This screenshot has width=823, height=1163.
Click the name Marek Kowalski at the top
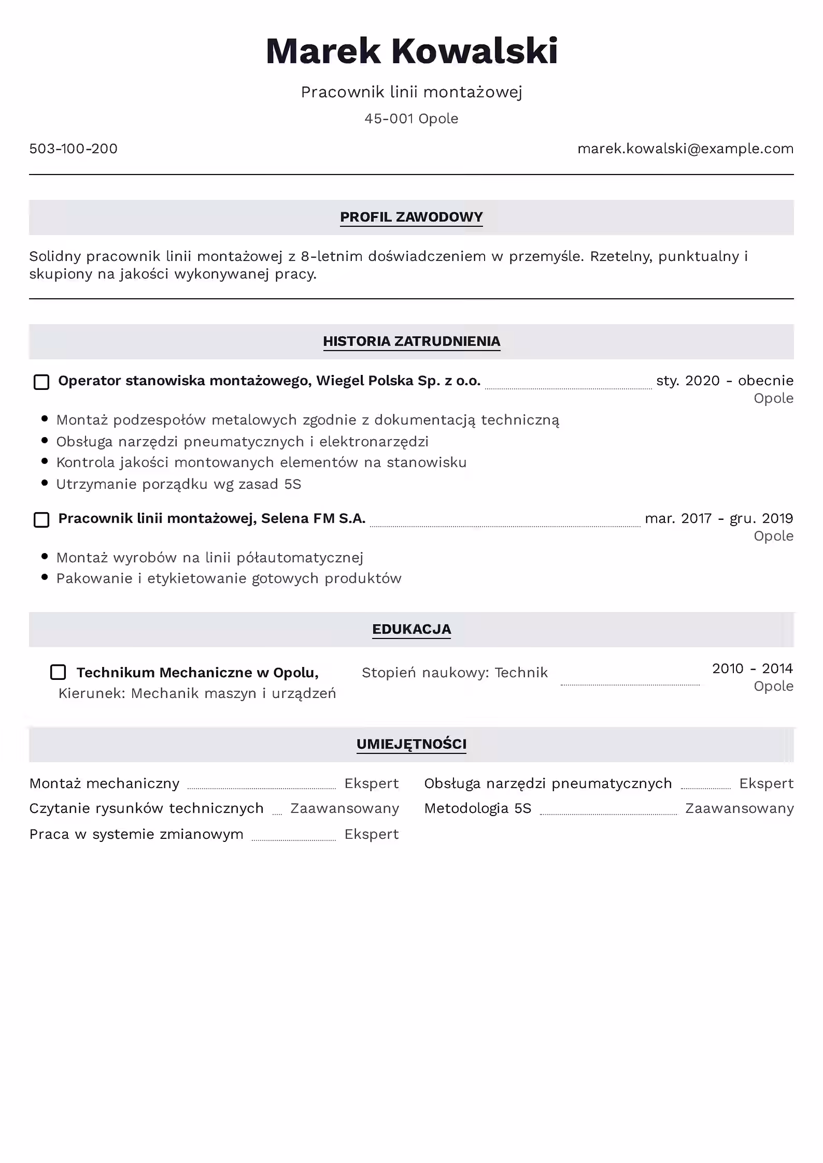411,51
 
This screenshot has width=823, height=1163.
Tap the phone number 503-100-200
73,149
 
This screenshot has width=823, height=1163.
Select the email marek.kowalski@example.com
685,149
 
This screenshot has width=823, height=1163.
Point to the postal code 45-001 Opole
411,119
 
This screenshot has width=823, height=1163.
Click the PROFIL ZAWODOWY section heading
411,217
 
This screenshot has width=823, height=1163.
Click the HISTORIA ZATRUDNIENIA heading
411,341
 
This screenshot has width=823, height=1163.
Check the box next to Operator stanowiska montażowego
41,382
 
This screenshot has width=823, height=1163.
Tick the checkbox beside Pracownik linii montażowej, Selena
41,520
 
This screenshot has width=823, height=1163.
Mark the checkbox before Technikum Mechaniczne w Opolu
58,672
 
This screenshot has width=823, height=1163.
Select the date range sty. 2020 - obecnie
725,381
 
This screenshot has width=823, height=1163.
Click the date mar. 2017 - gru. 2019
719,518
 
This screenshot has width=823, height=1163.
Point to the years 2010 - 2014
752,668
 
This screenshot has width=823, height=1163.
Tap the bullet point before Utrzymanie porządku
45,483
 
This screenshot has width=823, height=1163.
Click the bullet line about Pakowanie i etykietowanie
229,578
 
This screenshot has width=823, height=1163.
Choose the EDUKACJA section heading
411,629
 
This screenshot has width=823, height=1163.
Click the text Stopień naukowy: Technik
455,673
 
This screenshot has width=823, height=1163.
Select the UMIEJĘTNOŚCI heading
411,744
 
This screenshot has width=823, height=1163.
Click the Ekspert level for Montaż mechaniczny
372,783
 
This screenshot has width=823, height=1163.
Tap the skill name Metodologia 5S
477,808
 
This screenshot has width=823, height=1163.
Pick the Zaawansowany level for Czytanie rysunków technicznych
345,808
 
